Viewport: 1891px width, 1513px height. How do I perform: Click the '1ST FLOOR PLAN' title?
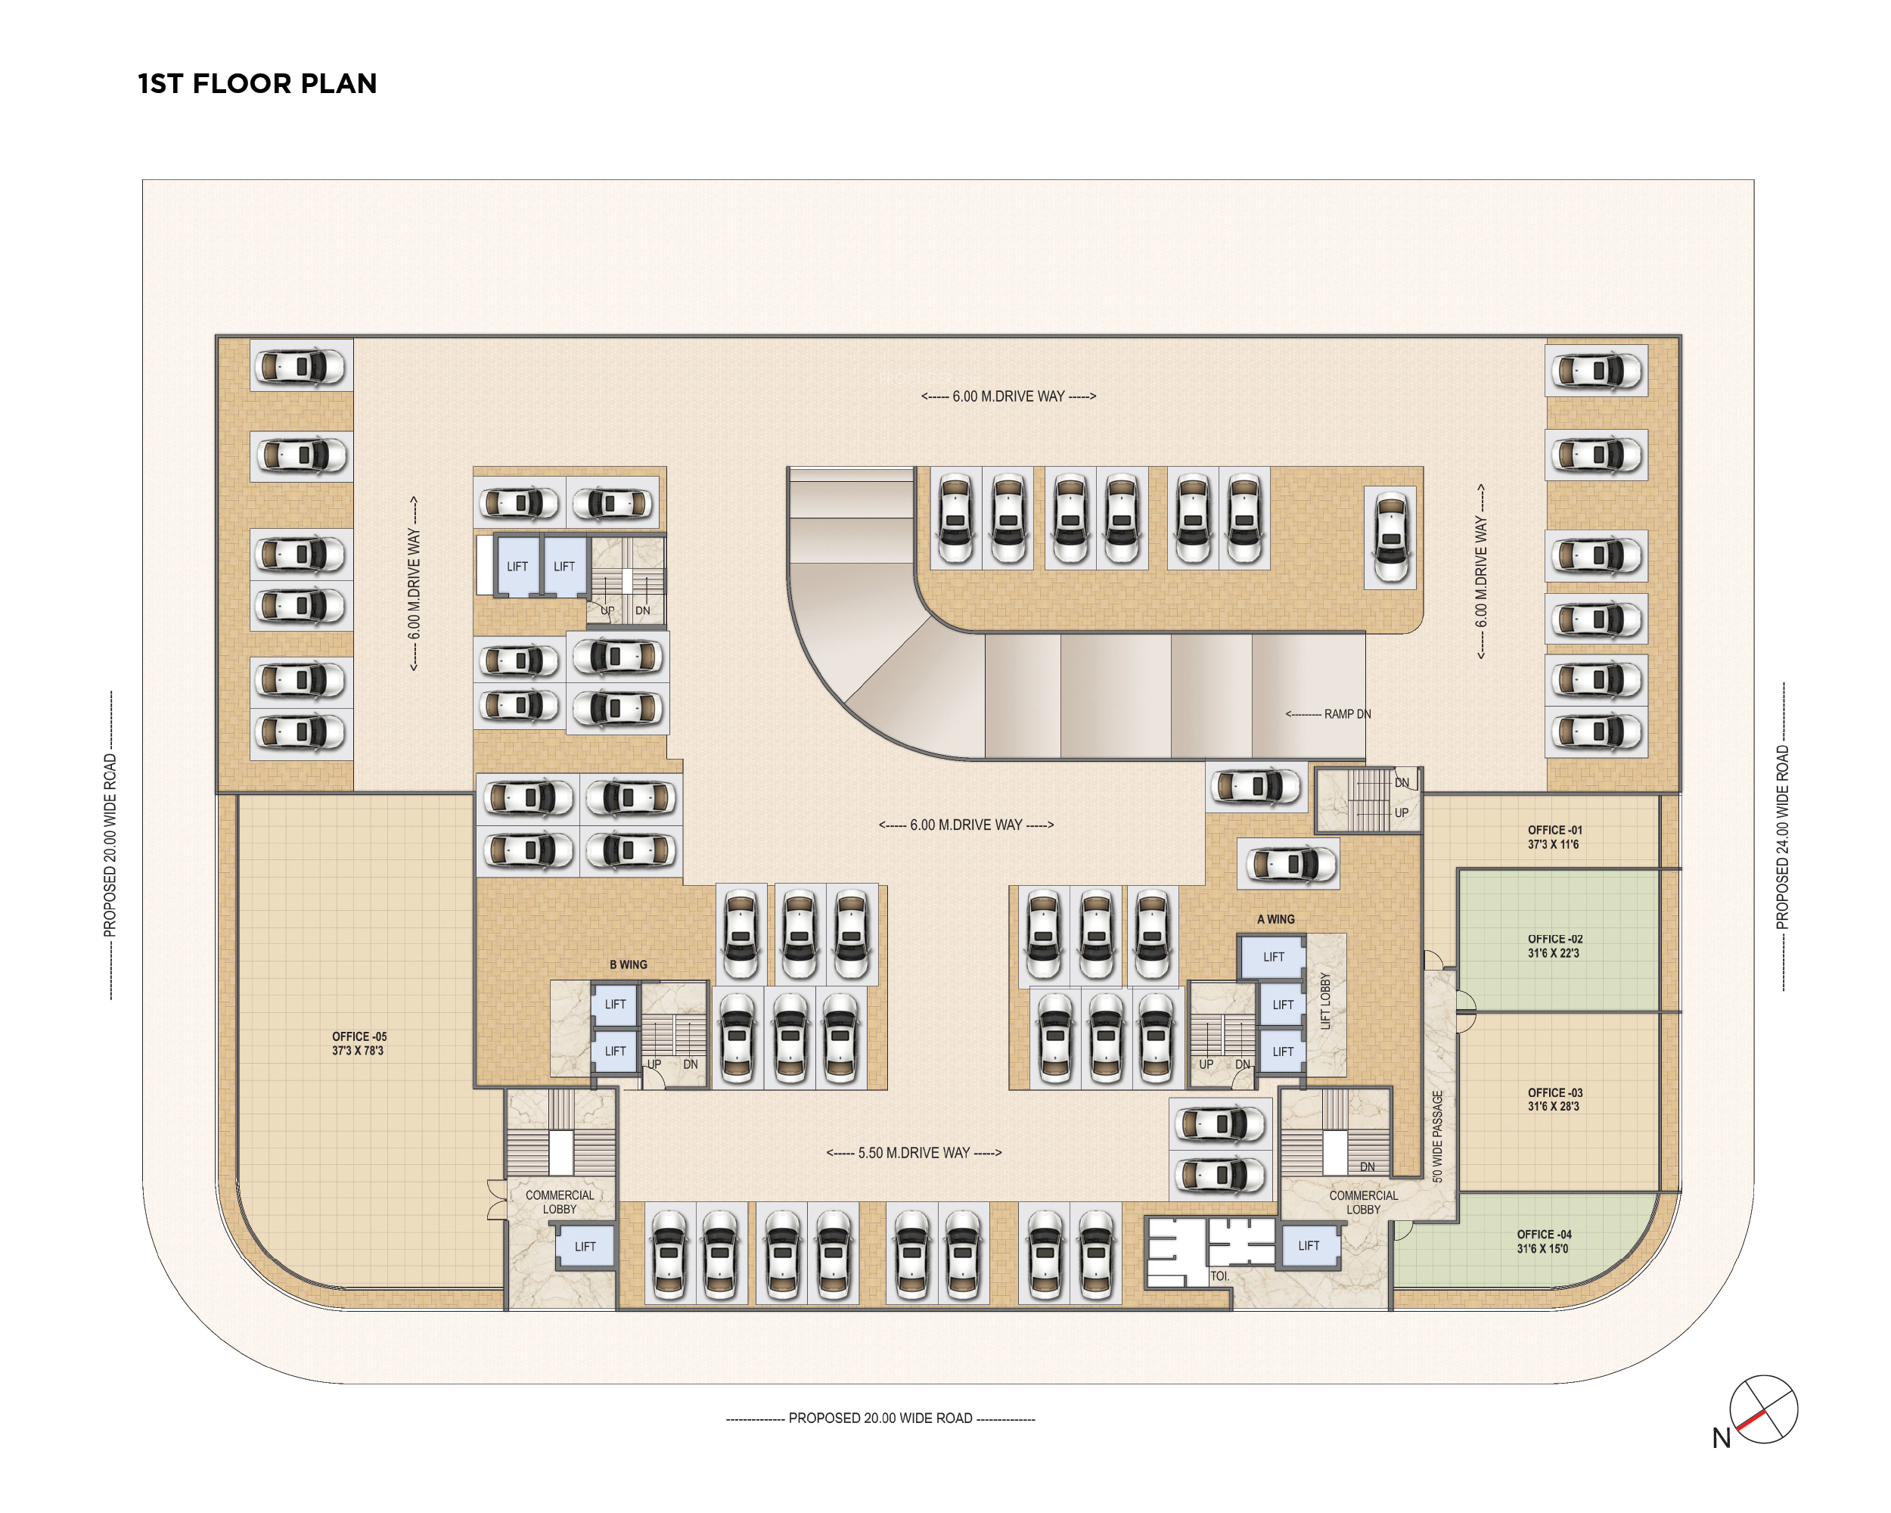pyautogui.click(x=257, y=83)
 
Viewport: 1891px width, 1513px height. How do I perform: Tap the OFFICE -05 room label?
pyautogui.click(x=359, y=1043)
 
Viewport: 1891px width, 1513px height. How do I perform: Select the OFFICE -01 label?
pyautogui.click(x=1554, y=837)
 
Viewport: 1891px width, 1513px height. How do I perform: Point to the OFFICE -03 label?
pyautogui.click(x=1554, y=1099)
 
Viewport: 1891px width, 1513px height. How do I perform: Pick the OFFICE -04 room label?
pyautogui.click(x=1544, y=1240)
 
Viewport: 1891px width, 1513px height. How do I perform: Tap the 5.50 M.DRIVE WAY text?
pyautogui.click(x=914, y=1152)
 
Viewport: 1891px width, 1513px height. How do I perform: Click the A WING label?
pyautogui.click(x=1275, y=919)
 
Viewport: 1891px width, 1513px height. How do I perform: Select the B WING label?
pyautogui.click(x=628, y=964)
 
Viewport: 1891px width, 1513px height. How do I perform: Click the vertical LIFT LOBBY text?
pyautogui.click(x=1325, y=1000)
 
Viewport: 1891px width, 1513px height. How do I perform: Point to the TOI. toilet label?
pyautogui.click(x=1219, y=1276)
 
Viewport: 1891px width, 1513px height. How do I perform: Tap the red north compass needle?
pyautogui.click(x=1750, y=1419)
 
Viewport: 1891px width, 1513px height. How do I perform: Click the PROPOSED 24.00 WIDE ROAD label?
pyautogui.click(x=1781, y=837)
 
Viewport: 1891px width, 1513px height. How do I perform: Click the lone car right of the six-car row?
pyautogui.click(x=1390, y=537)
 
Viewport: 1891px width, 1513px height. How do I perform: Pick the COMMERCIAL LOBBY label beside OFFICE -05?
pyautogui.click(x=560, y=1201)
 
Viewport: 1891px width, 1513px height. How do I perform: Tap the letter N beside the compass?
pyautogui.click(x=1721, y=1438)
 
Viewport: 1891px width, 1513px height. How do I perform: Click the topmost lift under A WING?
pyautogui.click(x=1274, y=957)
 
